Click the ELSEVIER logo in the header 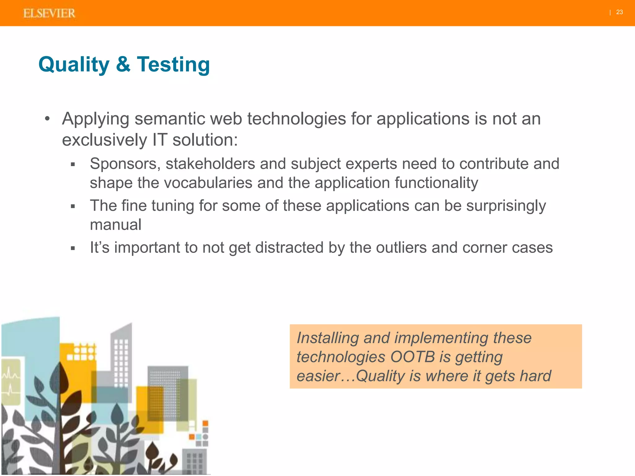(x=49, y=13)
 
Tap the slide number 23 (x=619, y=12)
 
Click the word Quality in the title (x=74, y=64)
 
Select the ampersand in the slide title (x=123, y=64)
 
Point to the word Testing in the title (x=173, y=64)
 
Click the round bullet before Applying (x=47, y=119)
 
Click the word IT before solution (x=160, y=140)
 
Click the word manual (x=115, y=225)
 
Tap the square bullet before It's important (x=73, y=248)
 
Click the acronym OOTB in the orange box (x=412, y=357)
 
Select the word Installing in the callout (x=328, y=338)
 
